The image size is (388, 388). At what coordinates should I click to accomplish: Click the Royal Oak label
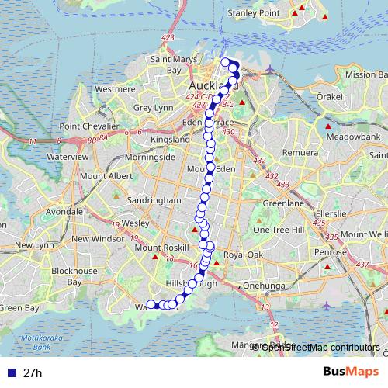tap(243, 255)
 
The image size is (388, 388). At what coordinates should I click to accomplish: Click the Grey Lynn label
tap(153, 109)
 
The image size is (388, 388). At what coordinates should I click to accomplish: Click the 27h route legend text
tap(33, 372)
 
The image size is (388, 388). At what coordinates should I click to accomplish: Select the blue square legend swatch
tap(10, 372)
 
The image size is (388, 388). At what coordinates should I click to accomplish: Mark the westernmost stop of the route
tap(151, 304)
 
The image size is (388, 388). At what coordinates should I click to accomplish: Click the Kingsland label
tap(169, 139)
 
